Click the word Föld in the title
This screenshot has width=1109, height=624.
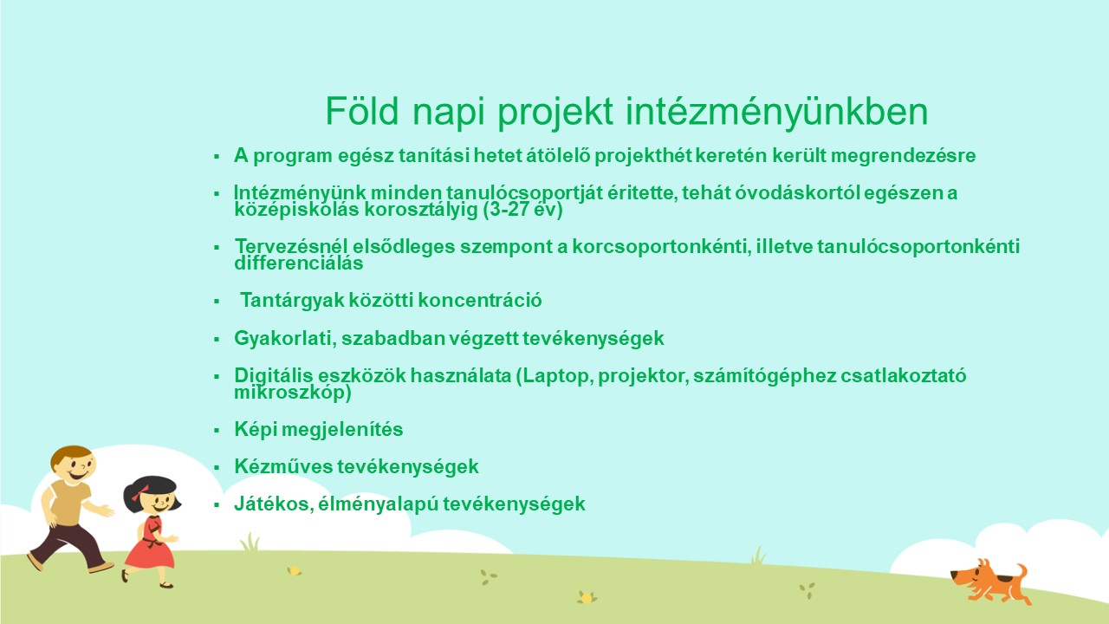coord(362,111)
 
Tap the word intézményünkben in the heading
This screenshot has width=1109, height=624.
coord(777,113)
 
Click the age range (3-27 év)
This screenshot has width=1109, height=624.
coord(522,210)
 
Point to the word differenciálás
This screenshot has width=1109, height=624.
coord(299,263)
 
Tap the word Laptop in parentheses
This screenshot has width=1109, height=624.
coord(559,376)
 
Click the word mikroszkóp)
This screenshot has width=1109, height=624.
coord(293,393)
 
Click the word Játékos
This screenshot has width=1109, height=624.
coord(274,504)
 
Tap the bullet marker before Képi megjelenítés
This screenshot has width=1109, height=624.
coord(217,430)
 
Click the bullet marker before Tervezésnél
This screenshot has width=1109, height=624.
coord(217,247)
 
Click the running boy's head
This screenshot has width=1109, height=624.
coord(73,465)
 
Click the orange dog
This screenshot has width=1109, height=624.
coord(990,581)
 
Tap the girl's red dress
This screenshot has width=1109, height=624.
coord(150,545)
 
